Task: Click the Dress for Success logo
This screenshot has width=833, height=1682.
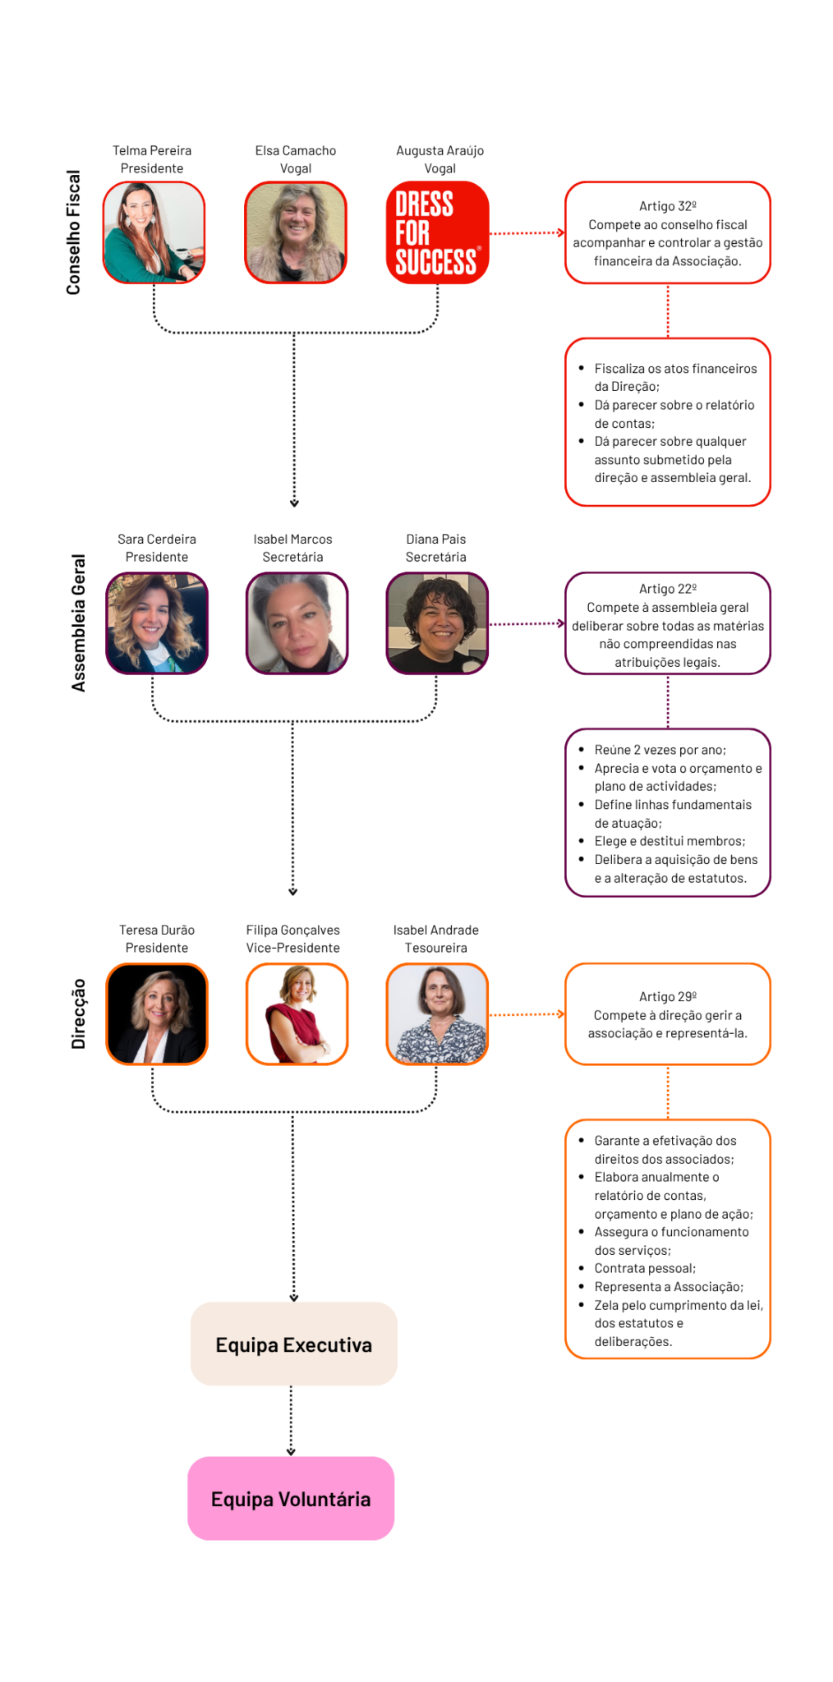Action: tap(437, 232)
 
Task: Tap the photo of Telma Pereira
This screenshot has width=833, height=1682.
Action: tap(154, 232)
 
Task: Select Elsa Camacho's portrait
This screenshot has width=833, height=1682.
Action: tap(296, 232)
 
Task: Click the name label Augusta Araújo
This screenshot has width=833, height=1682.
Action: tap(440, 150)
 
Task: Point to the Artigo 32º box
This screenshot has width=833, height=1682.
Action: tap(668, 232)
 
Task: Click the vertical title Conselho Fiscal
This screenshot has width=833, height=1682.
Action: tap(74, 232)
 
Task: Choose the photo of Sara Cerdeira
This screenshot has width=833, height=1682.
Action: tap(157, 623)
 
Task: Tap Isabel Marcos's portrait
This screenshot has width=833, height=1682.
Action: tap(297, 623)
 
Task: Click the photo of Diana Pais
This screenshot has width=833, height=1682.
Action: tap(437, 623)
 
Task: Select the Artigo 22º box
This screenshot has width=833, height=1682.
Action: tap(668, 623)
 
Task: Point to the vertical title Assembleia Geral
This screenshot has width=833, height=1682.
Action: tap(79, 623)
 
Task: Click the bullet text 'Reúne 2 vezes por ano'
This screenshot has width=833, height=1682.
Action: tap(660, 750)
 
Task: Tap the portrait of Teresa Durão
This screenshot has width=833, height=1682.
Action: tap(157, 1014)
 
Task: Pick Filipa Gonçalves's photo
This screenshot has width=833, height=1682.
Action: tap(297, 1014)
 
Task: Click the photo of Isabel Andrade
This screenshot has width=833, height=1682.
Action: tap(437, 1014)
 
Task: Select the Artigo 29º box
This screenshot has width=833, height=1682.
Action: tap(668, 1014)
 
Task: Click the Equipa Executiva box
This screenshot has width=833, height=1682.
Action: tap(294, 1344)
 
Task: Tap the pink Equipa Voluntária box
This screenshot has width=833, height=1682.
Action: tap(291, 1499)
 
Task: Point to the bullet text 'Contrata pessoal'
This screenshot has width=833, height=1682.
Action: tap(645, 1268)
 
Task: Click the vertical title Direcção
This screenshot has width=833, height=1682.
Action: tap(79, 1014)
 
